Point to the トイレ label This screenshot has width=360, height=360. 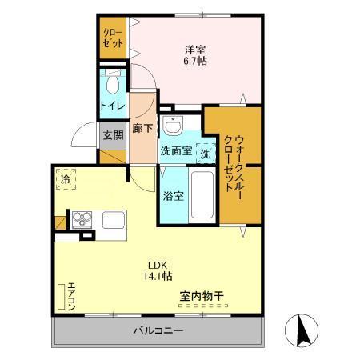112,104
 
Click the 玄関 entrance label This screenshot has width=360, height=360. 112,135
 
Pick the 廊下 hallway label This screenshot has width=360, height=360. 143,128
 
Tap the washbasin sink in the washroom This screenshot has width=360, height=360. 172,125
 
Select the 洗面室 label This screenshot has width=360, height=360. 175,150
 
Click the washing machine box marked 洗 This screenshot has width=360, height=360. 204,150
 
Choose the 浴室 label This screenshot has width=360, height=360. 174,194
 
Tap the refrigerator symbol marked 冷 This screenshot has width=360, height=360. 66,180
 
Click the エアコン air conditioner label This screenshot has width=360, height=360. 71,296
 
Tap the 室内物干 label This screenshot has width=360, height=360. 201,297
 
